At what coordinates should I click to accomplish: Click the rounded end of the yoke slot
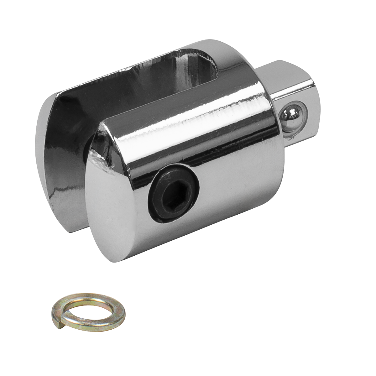coord(216,67)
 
